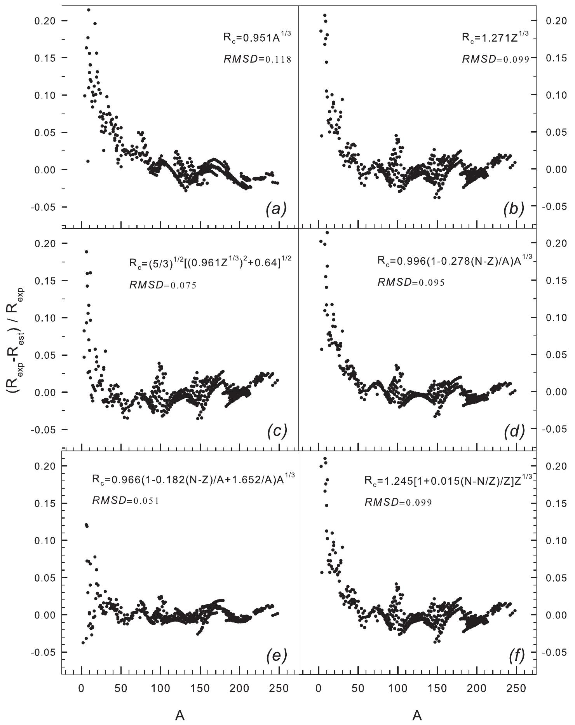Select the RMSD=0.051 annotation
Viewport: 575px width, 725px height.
125,501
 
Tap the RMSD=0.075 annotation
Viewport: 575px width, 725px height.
162,285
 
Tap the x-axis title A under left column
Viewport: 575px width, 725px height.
180,715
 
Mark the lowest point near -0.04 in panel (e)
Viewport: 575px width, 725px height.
83,643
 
